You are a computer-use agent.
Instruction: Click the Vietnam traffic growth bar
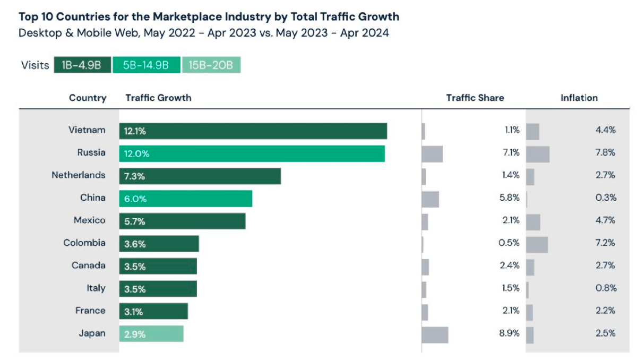point(253,131)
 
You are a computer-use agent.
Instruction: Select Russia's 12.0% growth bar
point(252,153)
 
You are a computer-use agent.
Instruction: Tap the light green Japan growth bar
point(151,333)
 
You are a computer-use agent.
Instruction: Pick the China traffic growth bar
point(186,199)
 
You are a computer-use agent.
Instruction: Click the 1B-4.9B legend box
point(82,65)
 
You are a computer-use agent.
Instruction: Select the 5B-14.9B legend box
point(147,65)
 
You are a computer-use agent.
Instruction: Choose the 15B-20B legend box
point(211,65)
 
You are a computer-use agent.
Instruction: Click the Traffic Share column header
point(475,98)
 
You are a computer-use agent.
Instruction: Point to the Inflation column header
point(579,98)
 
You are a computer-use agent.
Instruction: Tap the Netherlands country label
point(79,175)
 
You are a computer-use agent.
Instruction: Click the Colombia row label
point(84,243)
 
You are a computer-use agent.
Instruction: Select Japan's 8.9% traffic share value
point(509,333)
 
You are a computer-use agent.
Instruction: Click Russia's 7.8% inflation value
point(606,152)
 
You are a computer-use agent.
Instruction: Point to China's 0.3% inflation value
point(606,198)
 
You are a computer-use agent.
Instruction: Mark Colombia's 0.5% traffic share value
point(509,243)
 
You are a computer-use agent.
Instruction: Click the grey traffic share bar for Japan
point(435,335)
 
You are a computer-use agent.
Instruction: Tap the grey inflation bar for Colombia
point(537,245)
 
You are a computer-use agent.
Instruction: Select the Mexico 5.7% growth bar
point(182,221)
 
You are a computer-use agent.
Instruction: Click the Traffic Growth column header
point(158,98)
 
